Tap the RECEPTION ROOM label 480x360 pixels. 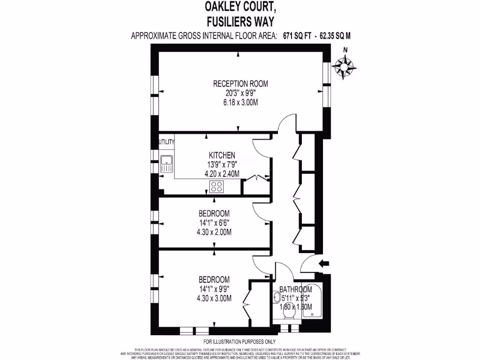(x=240, y=84)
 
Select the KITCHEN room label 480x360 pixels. (x=222, y=156)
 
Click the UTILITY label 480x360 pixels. (x=167, y=142)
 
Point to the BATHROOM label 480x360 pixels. (x=295, y=289)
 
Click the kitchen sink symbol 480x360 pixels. (x=167, y=164)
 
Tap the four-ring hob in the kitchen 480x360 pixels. (x=217, y=187)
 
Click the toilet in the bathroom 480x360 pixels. (x=288, y=318)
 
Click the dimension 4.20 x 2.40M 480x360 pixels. (x=222, y=173)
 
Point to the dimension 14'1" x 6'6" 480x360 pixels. (x=214, y=223)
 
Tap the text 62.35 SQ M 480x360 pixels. (x=335, y=35)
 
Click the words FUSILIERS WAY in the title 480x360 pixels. (x=240, y=21)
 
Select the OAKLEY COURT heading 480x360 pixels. (x=240, y=7)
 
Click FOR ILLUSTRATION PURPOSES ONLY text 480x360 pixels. (x=240, y=341)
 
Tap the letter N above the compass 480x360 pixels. (x=345, y=51)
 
